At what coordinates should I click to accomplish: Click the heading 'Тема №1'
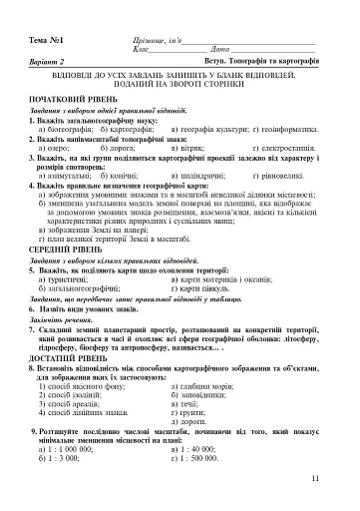click(x=47, y=39)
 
